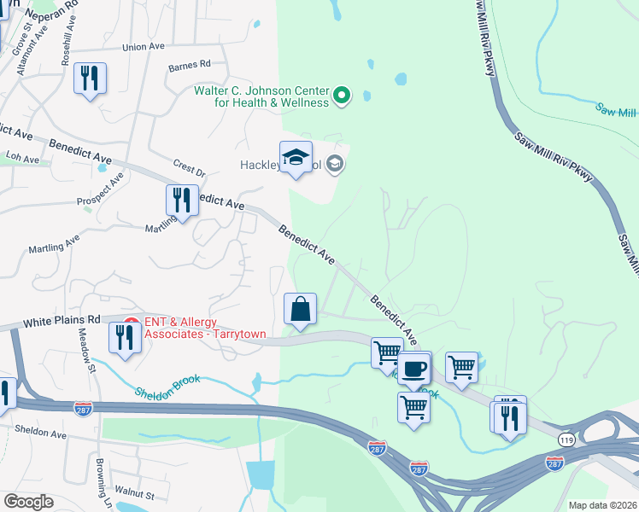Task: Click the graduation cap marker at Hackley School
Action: coord(296,158)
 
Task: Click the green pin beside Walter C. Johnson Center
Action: coord(342,96)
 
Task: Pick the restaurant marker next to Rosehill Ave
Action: coord(90,79)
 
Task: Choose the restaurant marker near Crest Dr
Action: coord(181,201)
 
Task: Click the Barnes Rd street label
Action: coord(189,65)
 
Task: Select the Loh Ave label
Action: coord(23,159)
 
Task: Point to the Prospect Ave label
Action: coord(101,193)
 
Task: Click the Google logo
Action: coord(28,502)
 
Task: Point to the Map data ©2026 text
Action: coord(602,505)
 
